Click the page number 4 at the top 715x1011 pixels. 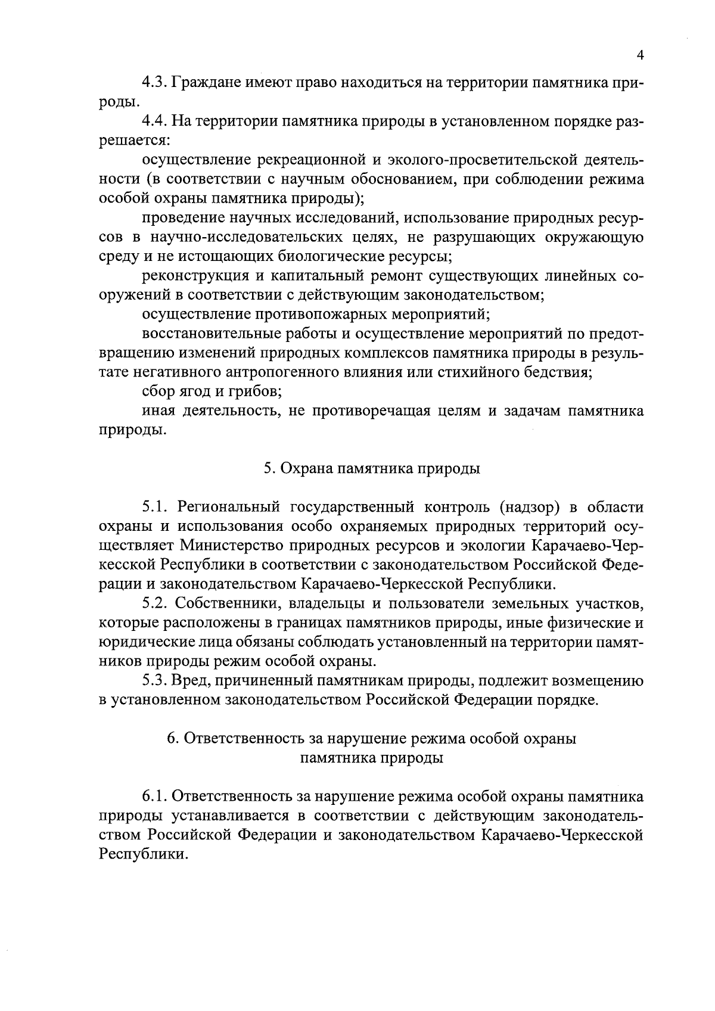point(641,55)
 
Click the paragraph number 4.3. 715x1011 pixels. point(155,82)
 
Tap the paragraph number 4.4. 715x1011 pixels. point(155,122)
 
